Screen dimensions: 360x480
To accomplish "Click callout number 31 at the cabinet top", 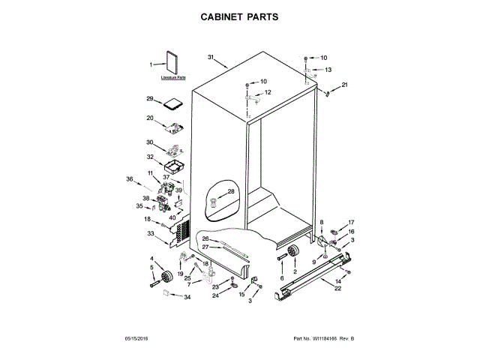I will click(x=211, y=58).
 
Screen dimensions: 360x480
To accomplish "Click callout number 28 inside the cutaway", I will click(x=231, y=192).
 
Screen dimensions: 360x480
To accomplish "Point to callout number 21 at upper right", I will click(x=345, y=85).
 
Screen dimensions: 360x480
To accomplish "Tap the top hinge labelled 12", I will click(x=253, y=97).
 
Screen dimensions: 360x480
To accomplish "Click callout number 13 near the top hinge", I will click(x=327, y=69).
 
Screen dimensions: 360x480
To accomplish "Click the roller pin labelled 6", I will click(x=283, y=259).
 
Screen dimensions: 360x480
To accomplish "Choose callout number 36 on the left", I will click(x=130, y=179).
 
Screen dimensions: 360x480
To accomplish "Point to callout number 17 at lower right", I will click(x=351, y=223).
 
